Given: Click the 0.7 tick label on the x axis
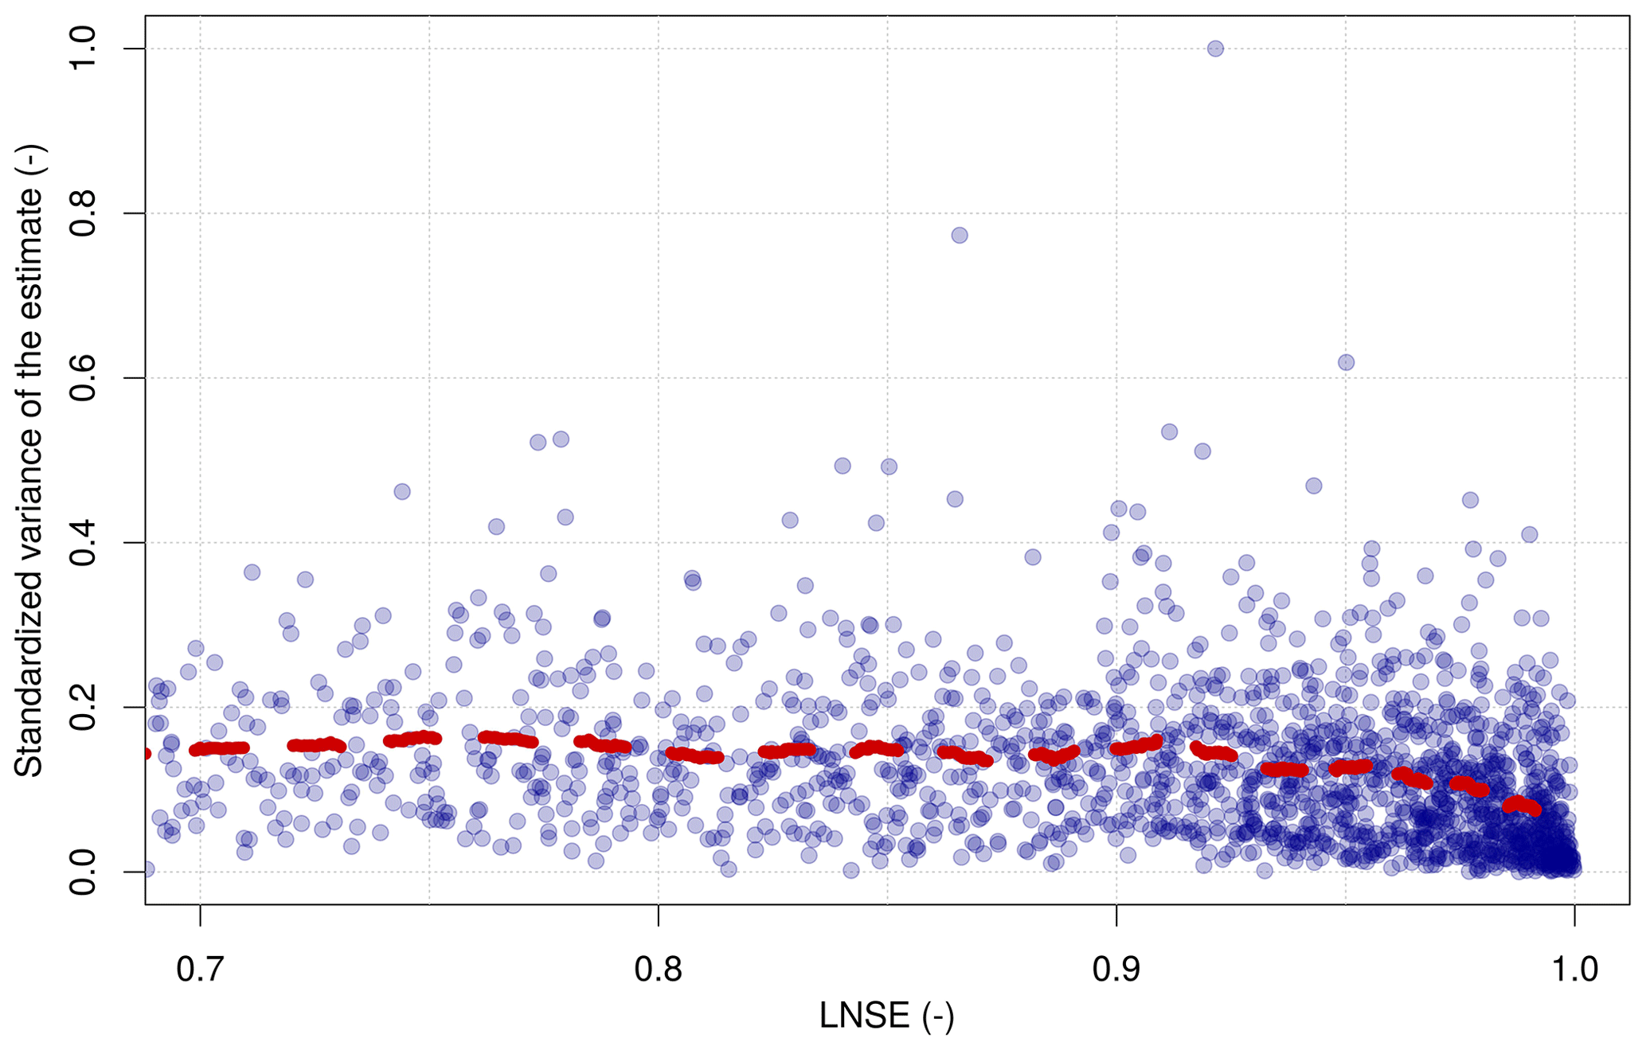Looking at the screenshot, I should (x=200, y=969).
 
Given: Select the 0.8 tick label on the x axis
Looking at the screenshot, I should (x=659, y=969).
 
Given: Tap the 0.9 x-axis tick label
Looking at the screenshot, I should (x=1116, y=969).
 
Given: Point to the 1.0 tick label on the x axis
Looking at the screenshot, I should (x=1574, y=969).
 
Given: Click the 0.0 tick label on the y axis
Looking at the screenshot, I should (x=82, y=872).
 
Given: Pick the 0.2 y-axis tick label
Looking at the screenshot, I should (x=82, y=707).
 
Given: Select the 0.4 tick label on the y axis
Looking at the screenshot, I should (x=82, y=542).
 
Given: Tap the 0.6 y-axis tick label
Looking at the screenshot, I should (x=82, y=378).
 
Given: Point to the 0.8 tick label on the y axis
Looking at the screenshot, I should (x=82, y=213).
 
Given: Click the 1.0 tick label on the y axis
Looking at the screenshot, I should (x=82, y=49).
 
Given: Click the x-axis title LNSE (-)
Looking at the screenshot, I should (x=886, y=1016).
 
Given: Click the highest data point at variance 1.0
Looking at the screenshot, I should (x=1215, y=49).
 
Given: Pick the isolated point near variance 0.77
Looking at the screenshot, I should (x=960, y=235).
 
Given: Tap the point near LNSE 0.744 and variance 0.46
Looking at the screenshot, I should (x=402, y=491).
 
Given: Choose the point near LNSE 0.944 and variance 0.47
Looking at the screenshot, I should (x=1314, y=486).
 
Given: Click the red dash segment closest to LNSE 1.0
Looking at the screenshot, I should (x=1521, y=805).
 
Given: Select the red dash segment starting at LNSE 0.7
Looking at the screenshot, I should (x=220, y=748).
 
